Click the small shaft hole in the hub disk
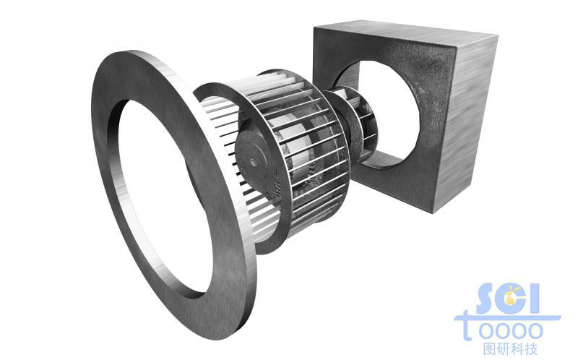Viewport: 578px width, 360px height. (x=254, y=161)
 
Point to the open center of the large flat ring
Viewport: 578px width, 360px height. (x=164, y=195)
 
